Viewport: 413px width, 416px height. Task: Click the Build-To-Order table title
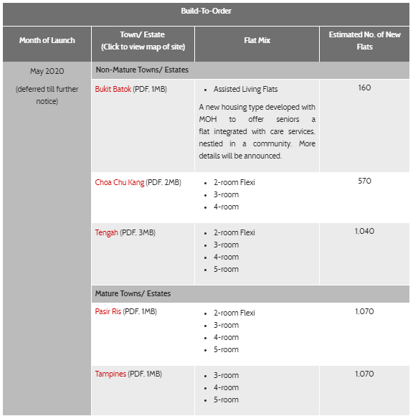[x=206, y=12]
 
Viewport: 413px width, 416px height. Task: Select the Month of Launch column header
[x=47, y=40]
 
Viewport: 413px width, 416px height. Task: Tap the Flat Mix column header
[x=256, y=40]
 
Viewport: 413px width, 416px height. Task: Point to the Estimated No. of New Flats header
[x=364, y=40]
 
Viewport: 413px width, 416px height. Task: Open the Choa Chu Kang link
[x=119, y=182]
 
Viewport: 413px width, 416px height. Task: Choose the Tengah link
[x=106, y=232]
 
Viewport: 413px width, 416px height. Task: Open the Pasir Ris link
[x=108, y=312]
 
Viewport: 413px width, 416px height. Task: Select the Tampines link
[x=111, y=374]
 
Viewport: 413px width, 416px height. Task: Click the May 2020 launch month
[x=47, y=72]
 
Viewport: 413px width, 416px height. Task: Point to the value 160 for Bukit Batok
[x=364, y=88]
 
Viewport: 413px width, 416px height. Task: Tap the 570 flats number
[x=364, y=181]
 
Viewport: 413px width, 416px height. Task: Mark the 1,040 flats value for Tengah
[x=364, y=232]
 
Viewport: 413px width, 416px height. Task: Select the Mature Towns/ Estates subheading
[x=133, y=293]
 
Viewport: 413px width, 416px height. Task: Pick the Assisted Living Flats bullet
[x=245, y=90]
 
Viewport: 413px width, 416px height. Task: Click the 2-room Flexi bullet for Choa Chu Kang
[x=234, y=183]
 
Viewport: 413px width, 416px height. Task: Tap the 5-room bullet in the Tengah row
[x=226, y=270]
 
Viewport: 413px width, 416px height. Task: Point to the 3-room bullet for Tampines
[x=226, y=375]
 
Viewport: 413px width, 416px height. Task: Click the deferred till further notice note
[x=47, y=95]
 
